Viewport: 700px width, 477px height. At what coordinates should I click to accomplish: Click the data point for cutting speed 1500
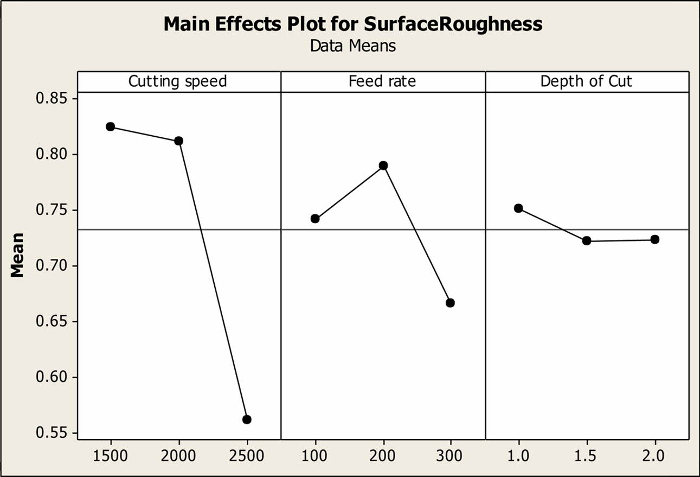(111, 126)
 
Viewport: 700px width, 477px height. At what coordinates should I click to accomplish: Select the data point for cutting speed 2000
(178, 141)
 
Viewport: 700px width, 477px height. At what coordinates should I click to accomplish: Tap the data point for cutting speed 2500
(247, 419)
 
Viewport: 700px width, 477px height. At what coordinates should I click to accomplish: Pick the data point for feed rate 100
(315, 219)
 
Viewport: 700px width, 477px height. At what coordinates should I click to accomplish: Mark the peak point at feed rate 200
(383, 166)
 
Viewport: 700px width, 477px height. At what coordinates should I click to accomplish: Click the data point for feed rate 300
(450, 303)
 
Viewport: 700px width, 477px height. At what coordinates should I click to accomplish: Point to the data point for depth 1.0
(518, 208)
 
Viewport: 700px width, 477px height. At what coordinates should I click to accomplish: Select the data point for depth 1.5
(587, 240)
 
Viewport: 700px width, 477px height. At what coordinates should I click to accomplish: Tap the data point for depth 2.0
(655, 239)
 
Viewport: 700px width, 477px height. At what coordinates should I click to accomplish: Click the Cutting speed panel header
(177, 82)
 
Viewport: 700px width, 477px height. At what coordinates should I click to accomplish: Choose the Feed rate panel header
(382, 82)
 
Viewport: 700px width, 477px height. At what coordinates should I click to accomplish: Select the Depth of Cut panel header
(586, 82)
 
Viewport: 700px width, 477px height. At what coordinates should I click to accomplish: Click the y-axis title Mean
(18, 255)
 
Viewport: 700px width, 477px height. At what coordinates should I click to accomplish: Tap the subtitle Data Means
(352, 46)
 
